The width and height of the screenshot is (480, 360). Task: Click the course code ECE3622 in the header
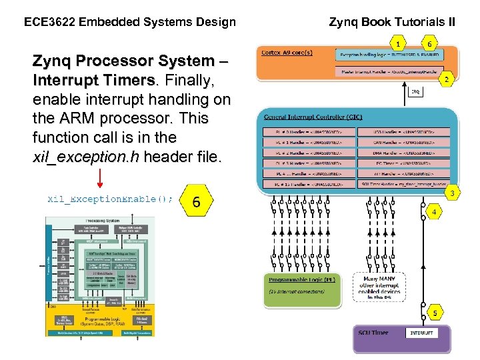(49, 22)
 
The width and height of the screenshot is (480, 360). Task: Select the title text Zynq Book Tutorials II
(392, 22)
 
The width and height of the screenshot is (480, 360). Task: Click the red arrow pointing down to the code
(101, 178)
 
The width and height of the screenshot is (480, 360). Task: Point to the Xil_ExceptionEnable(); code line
(111, 199)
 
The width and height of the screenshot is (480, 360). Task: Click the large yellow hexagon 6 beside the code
(195, 201)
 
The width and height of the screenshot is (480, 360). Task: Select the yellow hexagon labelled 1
(398, 44)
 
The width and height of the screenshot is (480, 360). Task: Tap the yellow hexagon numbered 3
(452, 193)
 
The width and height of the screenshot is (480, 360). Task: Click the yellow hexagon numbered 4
(434, 212)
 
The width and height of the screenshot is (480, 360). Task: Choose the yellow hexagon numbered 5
(435, 312)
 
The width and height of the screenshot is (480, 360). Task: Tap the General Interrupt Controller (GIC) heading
(309, 117)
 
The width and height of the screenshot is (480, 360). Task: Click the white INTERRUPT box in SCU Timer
(421, 333)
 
